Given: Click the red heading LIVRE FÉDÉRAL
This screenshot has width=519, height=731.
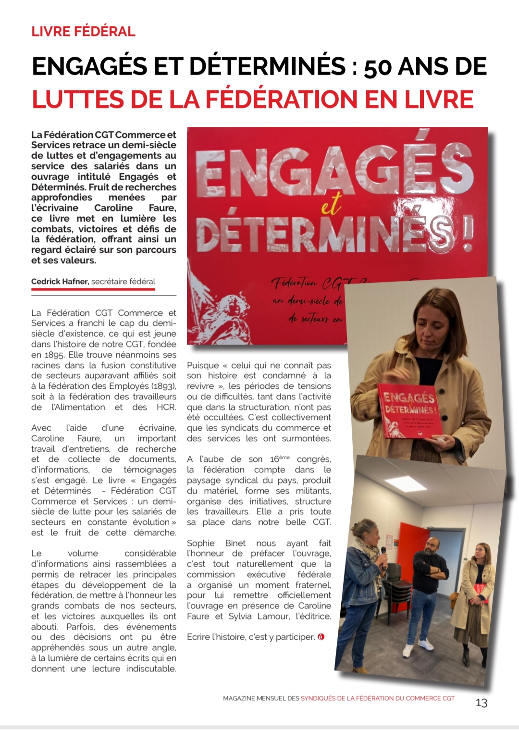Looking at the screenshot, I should click(83, 32).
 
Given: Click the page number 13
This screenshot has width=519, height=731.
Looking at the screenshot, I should click(481, 703).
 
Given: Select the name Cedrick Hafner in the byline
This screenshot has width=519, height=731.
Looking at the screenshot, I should click(60, 282).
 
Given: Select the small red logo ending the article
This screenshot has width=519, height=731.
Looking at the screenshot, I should click(321, 637).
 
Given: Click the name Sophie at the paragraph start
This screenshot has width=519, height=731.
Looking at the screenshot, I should click(201, 543).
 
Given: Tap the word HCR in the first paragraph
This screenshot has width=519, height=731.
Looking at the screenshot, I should click(166, 407).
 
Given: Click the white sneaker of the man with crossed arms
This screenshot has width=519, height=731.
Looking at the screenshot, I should click(408, 651).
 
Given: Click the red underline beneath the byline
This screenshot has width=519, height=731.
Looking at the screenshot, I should click(93, 289).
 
